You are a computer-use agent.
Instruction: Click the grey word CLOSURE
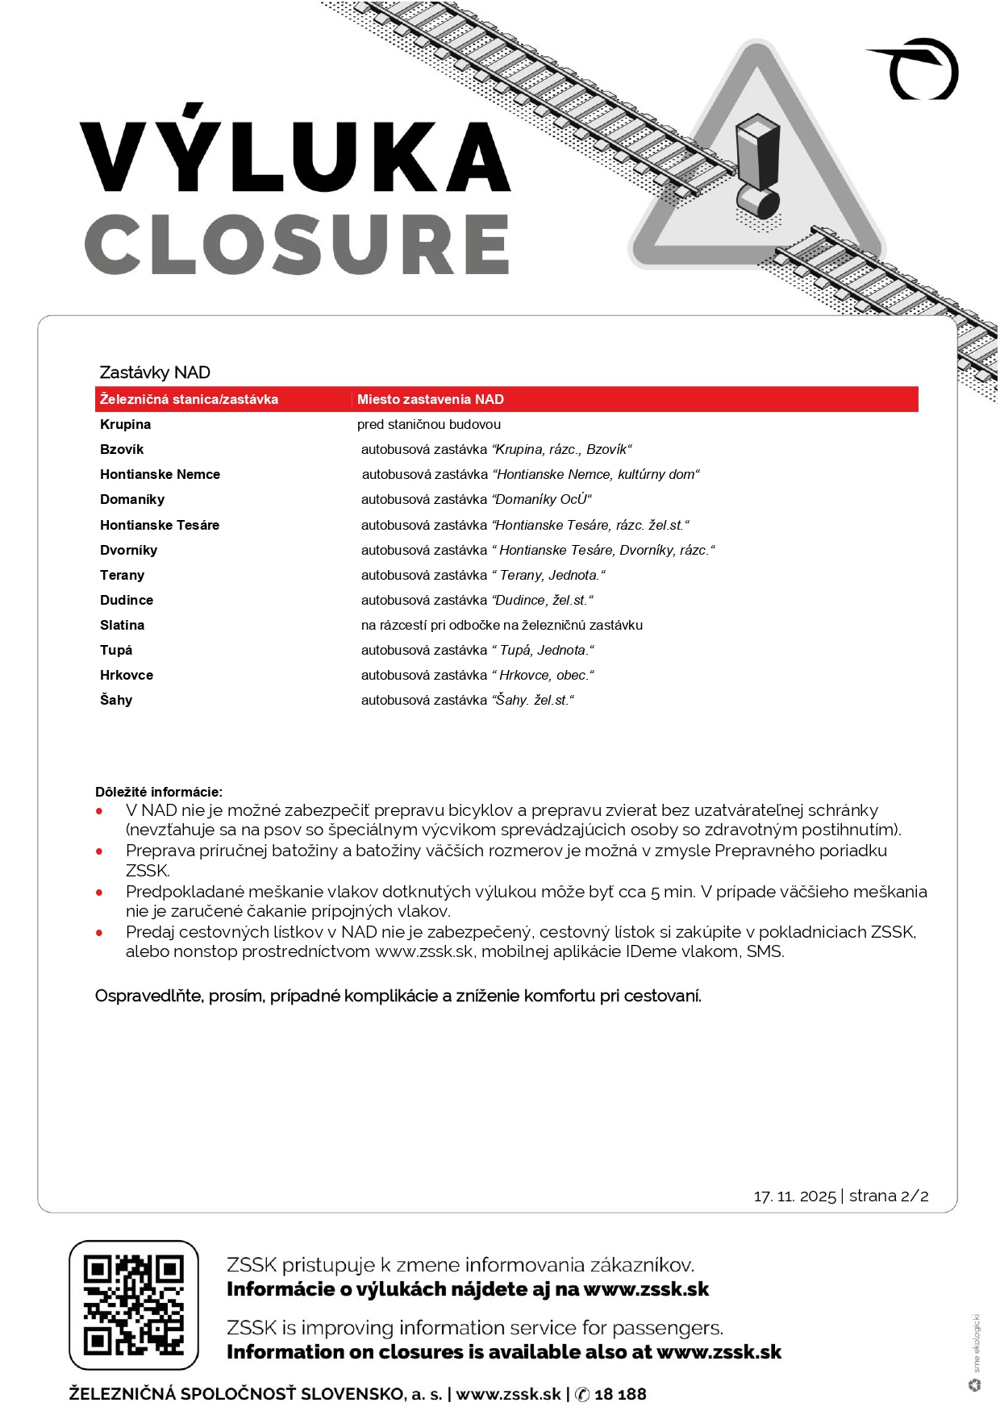click(297, 244)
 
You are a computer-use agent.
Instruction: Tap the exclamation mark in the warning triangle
click(758, 169)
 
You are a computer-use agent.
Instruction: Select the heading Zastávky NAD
click(155, 372)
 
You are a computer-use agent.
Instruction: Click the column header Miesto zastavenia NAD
click(431, 399)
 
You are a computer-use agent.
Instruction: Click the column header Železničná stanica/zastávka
click(189, 399)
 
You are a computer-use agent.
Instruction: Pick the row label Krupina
click(125, 424)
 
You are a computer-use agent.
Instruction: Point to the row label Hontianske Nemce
click(160, 474)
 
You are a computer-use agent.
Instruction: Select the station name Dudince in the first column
click(127, 600)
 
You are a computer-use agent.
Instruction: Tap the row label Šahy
click(116, 700)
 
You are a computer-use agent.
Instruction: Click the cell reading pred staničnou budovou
click(429, 424)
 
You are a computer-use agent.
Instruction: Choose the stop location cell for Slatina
click(502, 625)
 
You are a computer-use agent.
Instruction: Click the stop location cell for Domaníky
click(476, 499)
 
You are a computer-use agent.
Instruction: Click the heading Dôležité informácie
click(159, 792)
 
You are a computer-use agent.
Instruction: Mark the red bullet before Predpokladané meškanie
click(99, 893)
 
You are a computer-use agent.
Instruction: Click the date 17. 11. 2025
click(794, 1196)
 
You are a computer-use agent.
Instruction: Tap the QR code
click(134, 1305)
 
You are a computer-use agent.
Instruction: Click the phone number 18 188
click(620, 1394)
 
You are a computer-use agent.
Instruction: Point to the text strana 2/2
click(889, 1196)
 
